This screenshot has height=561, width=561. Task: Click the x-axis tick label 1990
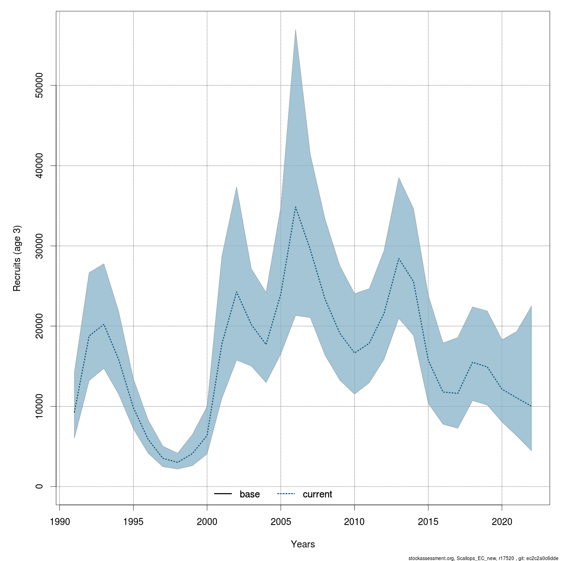[60, 521]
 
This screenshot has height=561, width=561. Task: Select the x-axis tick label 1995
[134, 521]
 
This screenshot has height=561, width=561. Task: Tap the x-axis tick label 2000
[207, 521]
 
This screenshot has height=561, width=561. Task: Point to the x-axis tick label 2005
[280, 521]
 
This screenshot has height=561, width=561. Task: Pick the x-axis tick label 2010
[354, 521]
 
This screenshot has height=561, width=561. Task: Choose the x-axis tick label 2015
[428, 521]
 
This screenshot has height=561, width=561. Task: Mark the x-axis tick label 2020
[502, 521]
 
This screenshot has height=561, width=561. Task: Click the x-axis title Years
[303, 544]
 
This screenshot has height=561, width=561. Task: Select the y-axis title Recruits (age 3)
[17, 259]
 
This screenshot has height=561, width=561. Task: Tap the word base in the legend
[250, 494]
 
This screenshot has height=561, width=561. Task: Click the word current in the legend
[317, 494]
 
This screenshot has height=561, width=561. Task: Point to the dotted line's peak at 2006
[295, 206]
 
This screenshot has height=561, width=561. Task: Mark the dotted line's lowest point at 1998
[178, 462]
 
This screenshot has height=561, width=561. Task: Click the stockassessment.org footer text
[484, 558]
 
